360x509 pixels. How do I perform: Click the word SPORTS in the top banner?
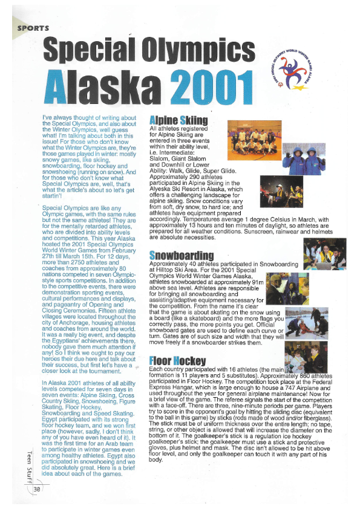point(33,27)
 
